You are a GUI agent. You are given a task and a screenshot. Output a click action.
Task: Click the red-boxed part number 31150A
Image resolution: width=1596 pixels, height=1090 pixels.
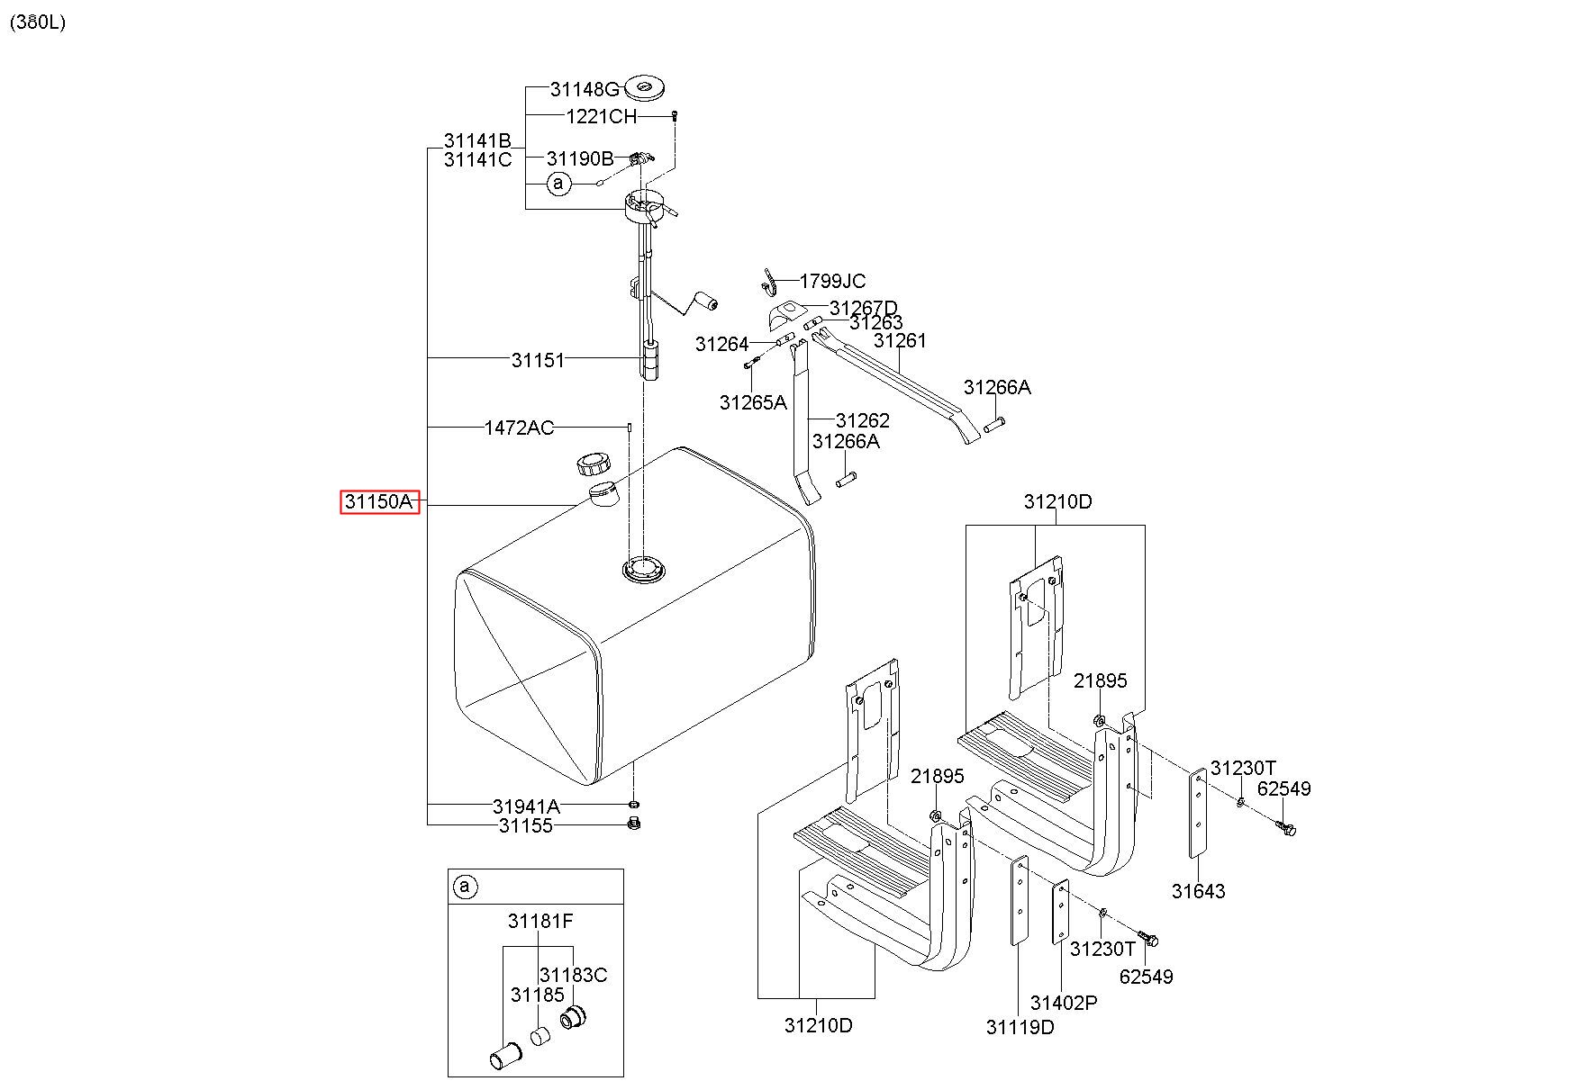380,501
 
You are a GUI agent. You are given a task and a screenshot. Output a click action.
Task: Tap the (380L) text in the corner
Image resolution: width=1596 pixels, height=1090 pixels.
38,23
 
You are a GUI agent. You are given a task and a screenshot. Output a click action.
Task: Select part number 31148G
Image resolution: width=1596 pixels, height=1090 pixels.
585,89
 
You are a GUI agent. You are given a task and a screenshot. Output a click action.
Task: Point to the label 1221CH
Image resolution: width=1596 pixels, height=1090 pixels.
601,116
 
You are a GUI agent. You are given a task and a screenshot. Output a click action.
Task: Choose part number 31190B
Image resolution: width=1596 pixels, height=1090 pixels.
580,158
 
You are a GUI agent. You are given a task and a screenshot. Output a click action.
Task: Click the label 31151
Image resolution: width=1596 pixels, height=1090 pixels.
538,360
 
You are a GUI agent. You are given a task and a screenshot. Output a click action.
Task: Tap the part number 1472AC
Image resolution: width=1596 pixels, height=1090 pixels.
519,428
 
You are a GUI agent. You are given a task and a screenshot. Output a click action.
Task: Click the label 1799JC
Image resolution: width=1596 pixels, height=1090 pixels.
832,281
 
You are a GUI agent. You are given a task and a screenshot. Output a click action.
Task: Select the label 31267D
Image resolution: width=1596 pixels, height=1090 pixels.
864,309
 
